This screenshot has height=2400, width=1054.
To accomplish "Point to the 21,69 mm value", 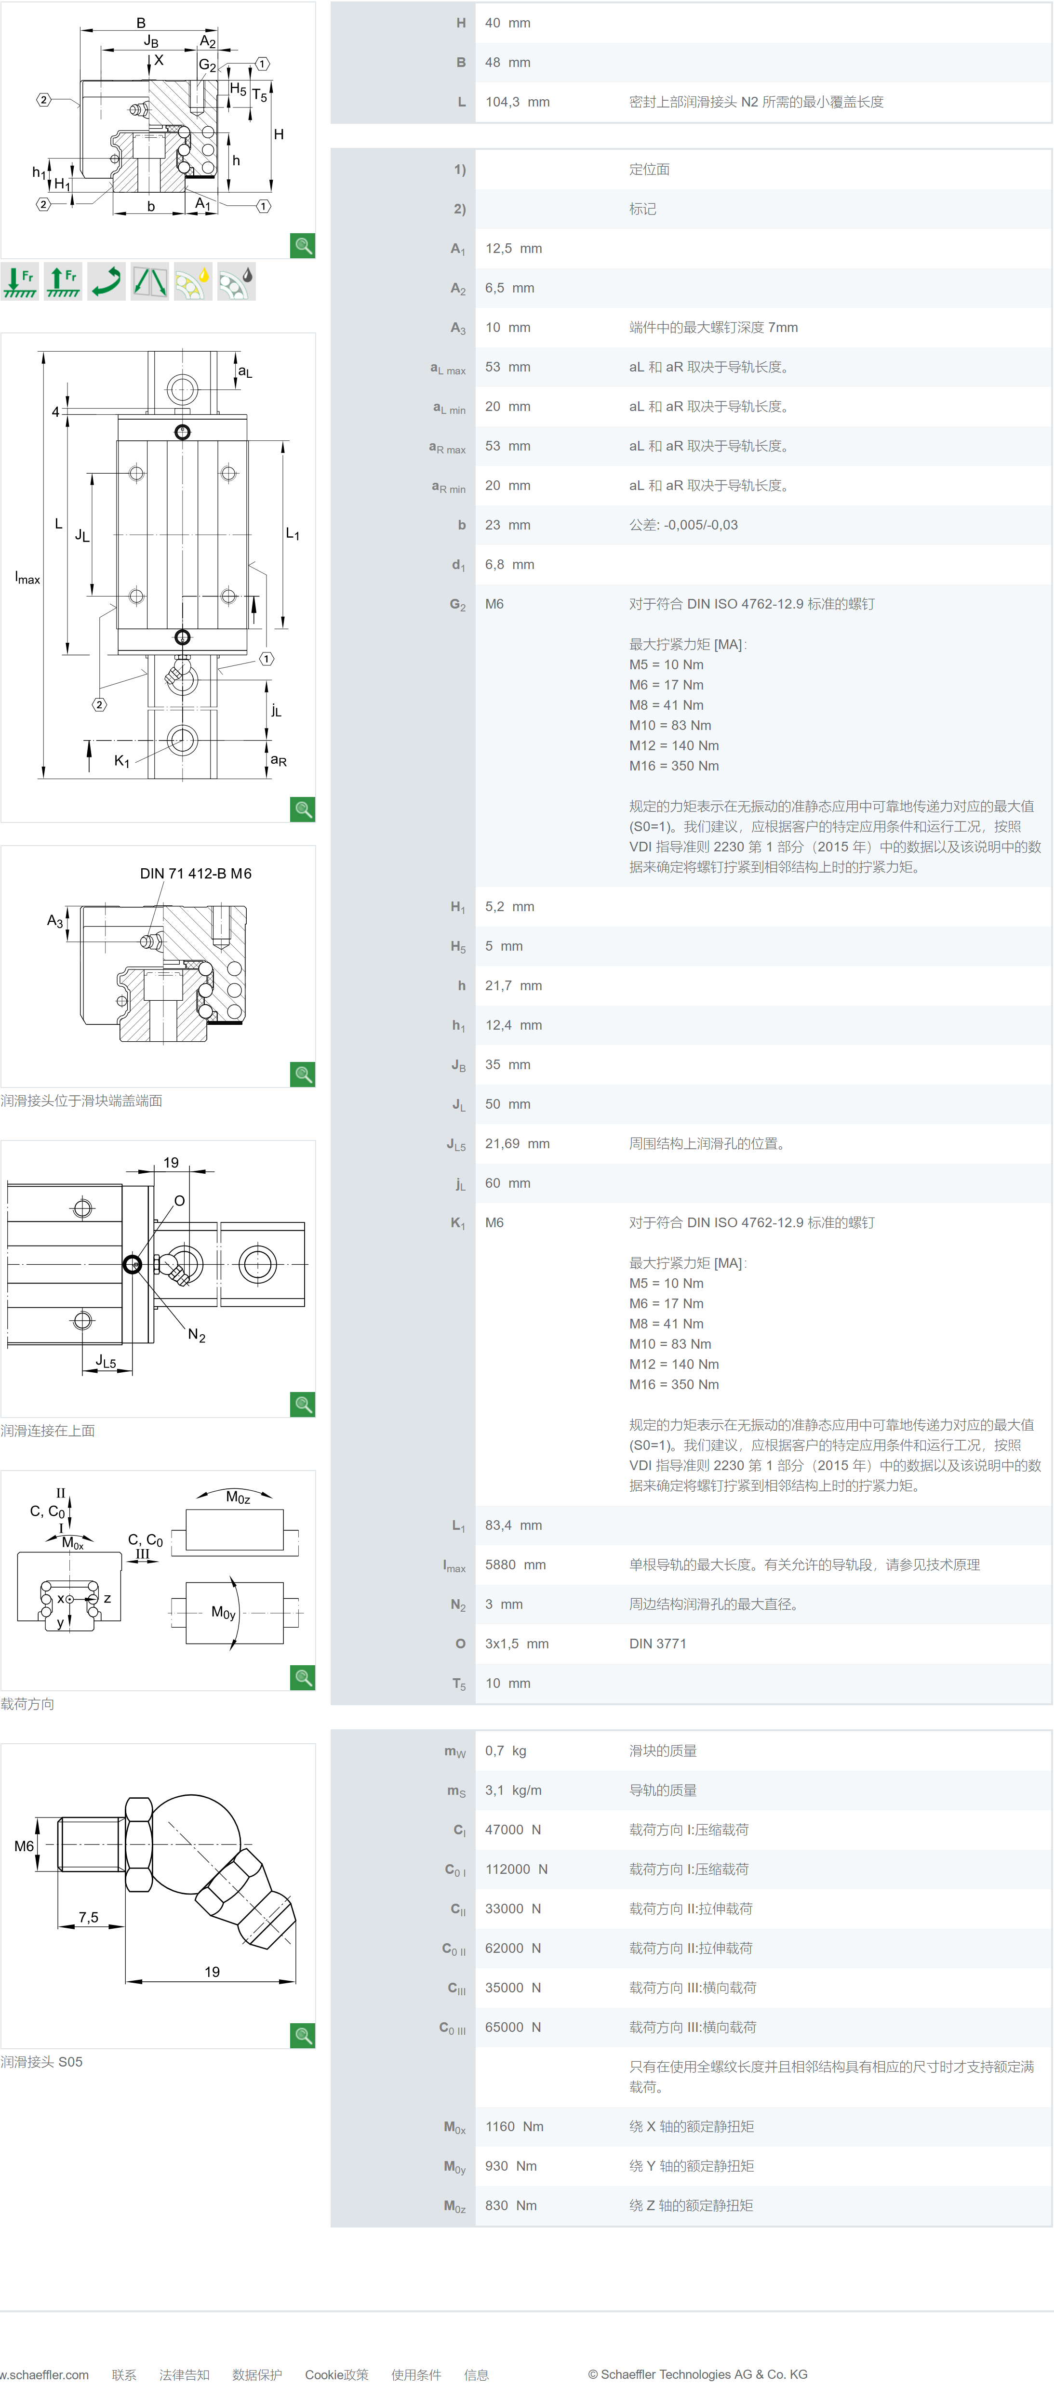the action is (517, 1144).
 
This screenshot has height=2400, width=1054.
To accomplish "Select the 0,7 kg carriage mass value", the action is (505, 1750).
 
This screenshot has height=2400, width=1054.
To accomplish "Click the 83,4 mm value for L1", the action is (513, 1525).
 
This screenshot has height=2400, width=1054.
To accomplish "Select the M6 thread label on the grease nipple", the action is (24, 1845).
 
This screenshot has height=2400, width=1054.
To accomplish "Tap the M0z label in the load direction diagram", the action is (238, 1497).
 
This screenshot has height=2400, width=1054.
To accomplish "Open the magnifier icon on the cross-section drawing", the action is (303, 246).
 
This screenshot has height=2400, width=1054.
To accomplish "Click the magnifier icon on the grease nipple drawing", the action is (303, 2036).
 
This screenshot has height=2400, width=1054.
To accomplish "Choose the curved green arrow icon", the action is (106, 281).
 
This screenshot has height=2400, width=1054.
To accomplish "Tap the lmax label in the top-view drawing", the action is (27, 579).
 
